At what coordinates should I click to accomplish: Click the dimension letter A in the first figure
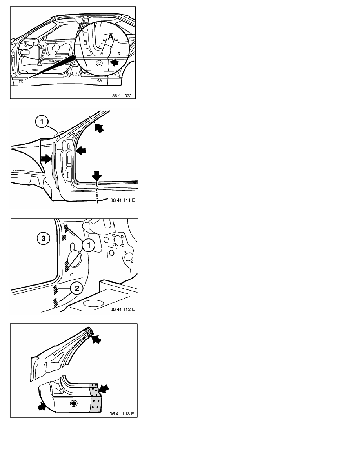click(110, 37)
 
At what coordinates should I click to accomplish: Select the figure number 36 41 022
click(122, 96)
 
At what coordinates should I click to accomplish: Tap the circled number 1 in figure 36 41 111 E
click(42, 122)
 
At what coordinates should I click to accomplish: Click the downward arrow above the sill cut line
click(96, 175)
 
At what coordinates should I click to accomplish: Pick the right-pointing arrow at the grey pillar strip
click(46, 159)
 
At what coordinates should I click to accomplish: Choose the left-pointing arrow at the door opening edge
click(81, 151)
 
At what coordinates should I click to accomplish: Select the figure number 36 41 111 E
click(122, 200)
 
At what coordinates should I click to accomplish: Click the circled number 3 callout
click(44, 238)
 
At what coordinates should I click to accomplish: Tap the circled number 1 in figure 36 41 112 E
click(88, 246)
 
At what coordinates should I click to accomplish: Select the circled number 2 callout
click(76, 288)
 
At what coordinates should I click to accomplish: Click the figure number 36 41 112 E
click(122, 309)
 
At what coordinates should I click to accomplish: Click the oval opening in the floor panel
click(93, 304)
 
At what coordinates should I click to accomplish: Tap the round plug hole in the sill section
click(73, 403)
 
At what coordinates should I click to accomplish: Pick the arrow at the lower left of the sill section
click(42, 406)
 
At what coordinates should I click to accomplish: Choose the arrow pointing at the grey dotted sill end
click(104, 388)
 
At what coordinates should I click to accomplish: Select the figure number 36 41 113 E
click(122, 414)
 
